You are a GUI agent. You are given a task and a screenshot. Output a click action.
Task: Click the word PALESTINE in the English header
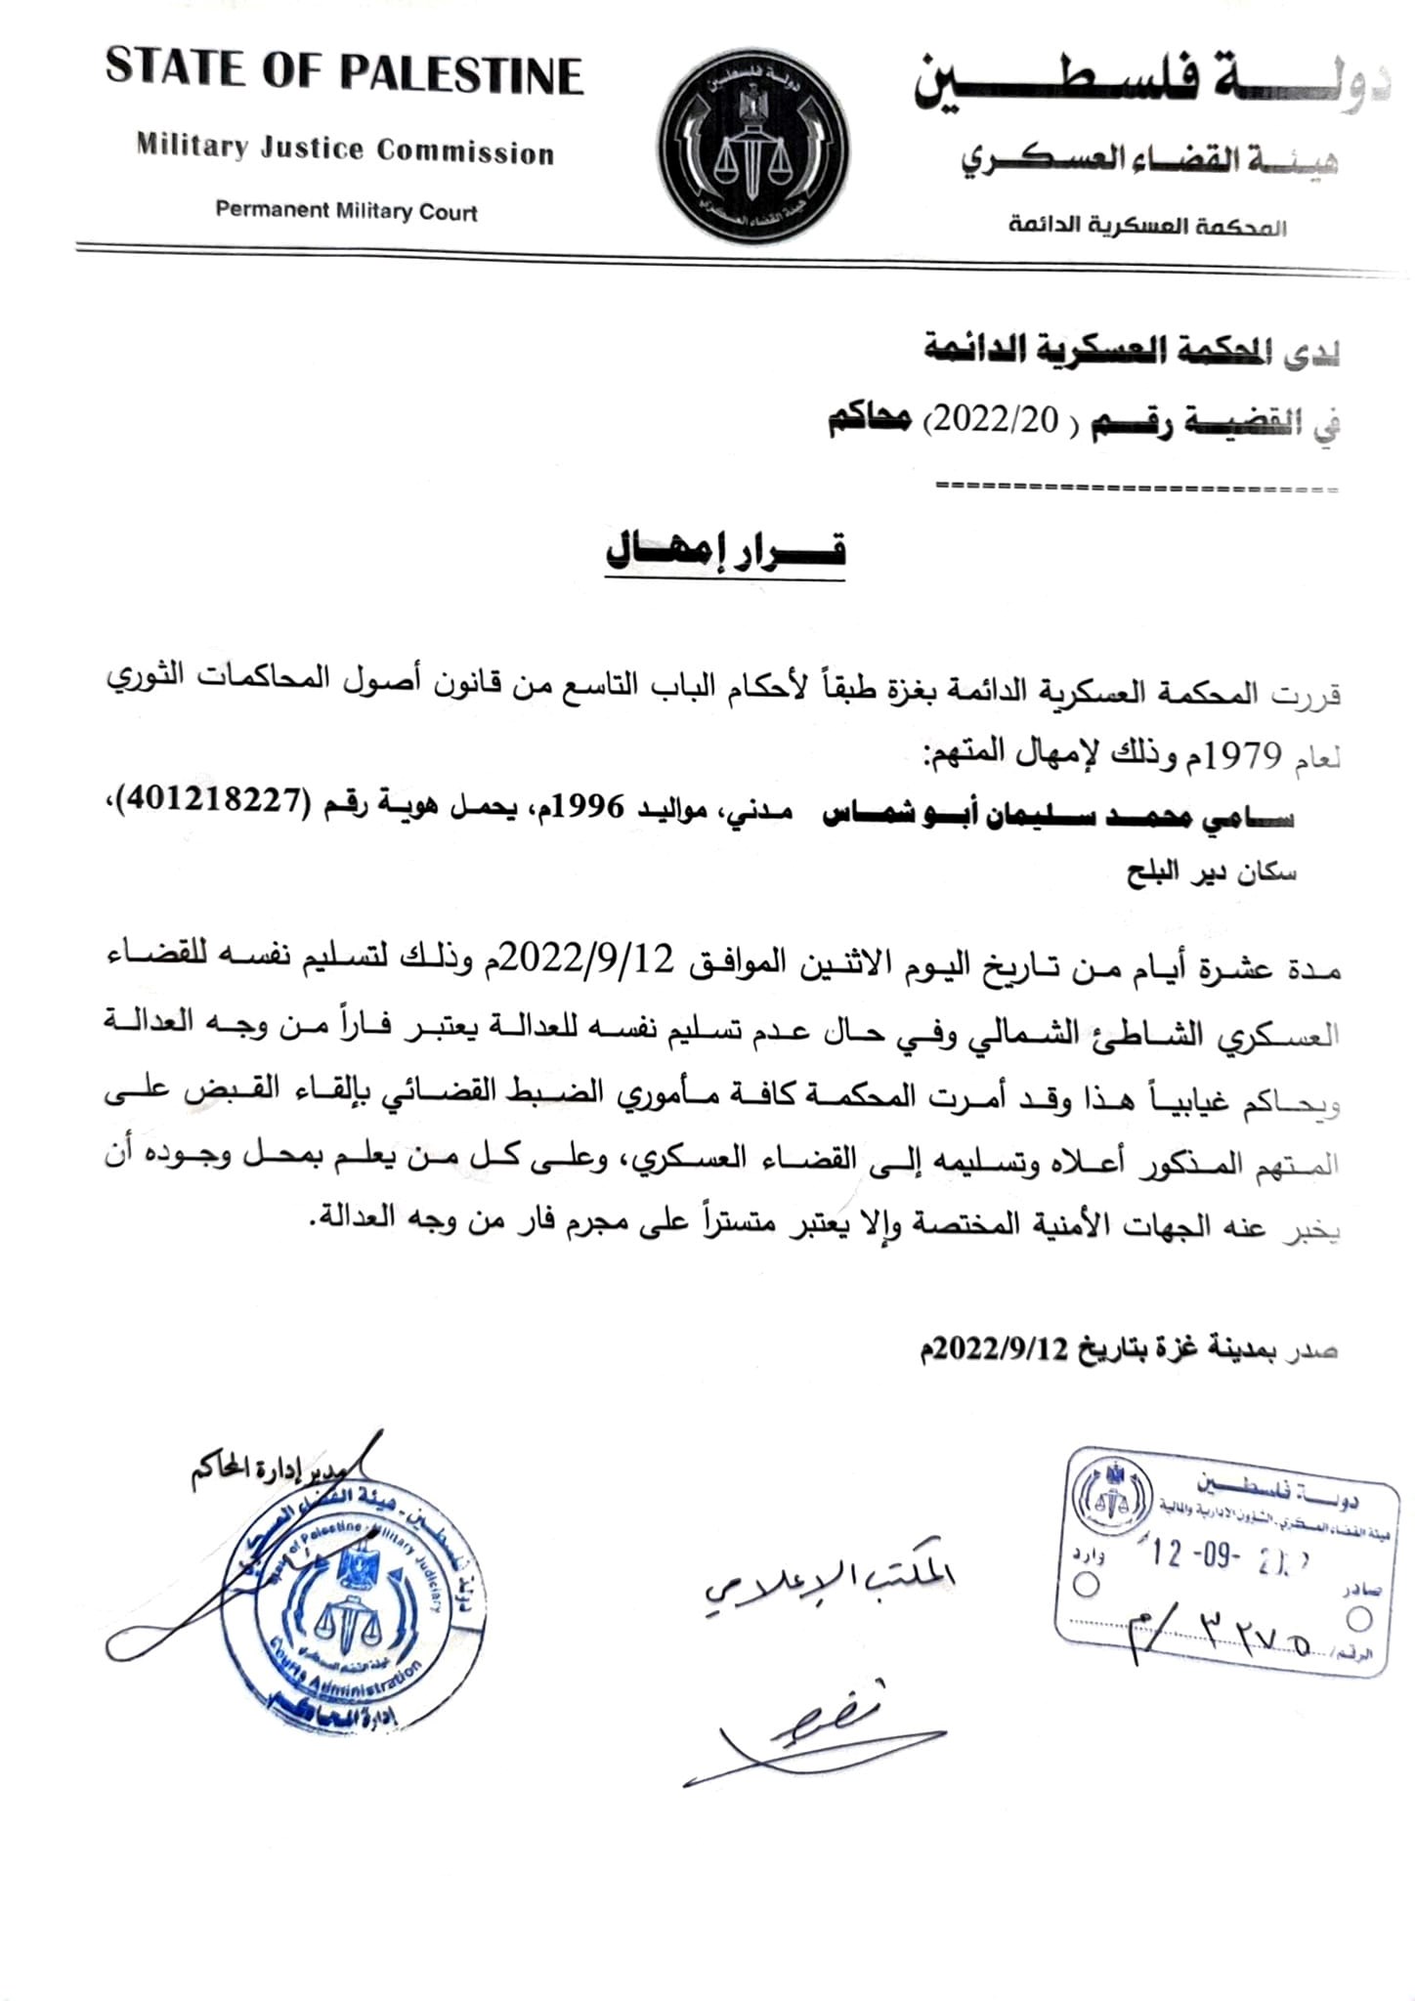[460, 74]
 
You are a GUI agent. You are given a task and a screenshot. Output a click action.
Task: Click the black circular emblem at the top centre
[753, 149]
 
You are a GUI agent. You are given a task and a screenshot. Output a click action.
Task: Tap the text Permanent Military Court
[346, 211]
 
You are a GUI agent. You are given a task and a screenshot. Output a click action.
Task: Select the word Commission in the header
[465, 151]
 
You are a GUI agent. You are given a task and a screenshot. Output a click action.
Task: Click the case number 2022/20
[991, 420]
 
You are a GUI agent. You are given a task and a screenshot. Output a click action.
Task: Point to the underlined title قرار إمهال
[725, 551]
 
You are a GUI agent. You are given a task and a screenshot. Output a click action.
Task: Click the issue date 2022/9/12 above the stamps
[1001, 1349]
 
